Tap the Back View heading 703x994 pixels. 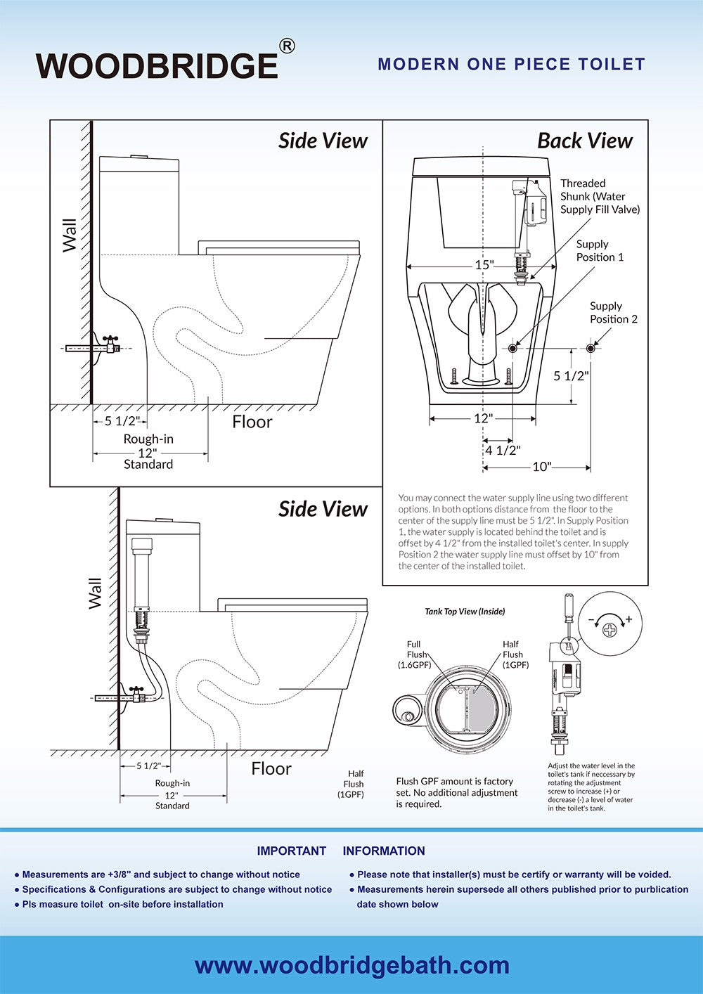click(585, 141)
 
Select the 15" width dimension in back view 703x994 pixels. click(484, 265)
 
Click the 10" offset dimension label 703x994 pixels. click(542, 467)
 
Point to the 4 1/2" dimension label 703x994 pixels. click(503, 451)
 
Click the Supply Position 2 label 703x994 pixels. click(613, 312)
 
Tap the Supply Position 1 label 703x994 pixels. click(600, 250)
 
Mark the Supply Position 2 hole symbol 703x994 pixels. click(591, 349)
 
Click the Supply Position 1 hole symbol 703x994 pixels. click(512, 349)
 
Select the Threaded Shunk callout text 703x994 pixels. click(600, 196)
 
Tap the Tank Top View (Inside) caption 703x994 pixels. click(465, 612)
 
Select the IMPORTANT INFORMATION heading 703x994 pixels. click(341, 851)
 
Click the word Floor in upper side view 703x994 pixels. click(252, 422)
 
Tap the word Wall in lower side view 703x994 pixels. click(95, 593)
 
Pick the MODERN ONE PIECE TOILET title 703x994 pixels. click(511, 65)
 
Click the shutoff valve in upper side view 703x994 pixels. click(111, 344)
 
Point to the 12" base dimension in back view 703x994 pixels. click(483, 418)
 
